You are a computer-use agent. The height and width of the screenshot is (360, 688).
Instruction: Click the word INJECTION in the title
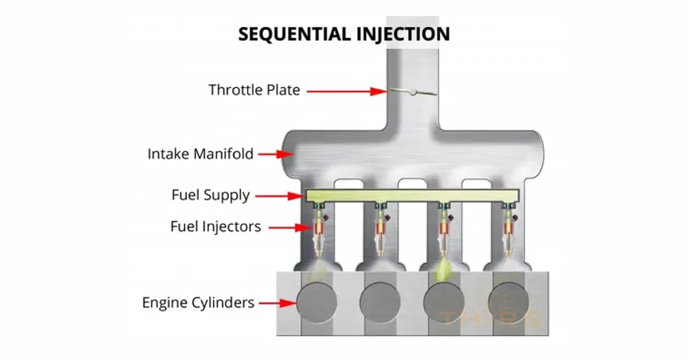pyautogui.click(x=401, y=34)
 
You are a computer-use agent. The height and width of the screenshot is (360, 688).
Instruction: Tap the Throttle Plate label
pyautogui.click(x=254, y=90)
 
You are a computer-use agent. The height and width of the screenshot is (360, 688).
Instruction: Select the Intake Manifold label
pyautogui.click(x=201, y=154)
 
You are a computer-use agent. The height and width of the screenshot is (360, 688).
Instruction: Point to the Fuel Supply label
pyautogui.click(x=210, y=195)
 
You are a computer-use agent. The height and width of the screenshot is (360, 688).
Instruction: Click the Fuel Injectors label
pyautogui.click(x=216, y=226)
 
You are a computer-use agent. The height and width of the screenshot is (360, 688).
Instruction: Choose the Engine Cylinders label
pyautogui.click(x=198, y=302)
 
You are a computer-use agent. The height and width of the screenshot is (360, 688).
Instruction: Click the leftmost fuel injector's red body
pyautogui.click(x=318, y=229)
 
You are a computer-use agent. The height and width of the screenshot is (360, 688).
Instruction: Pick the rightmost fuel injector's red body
pyautogui.click(x=507, y=229)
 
